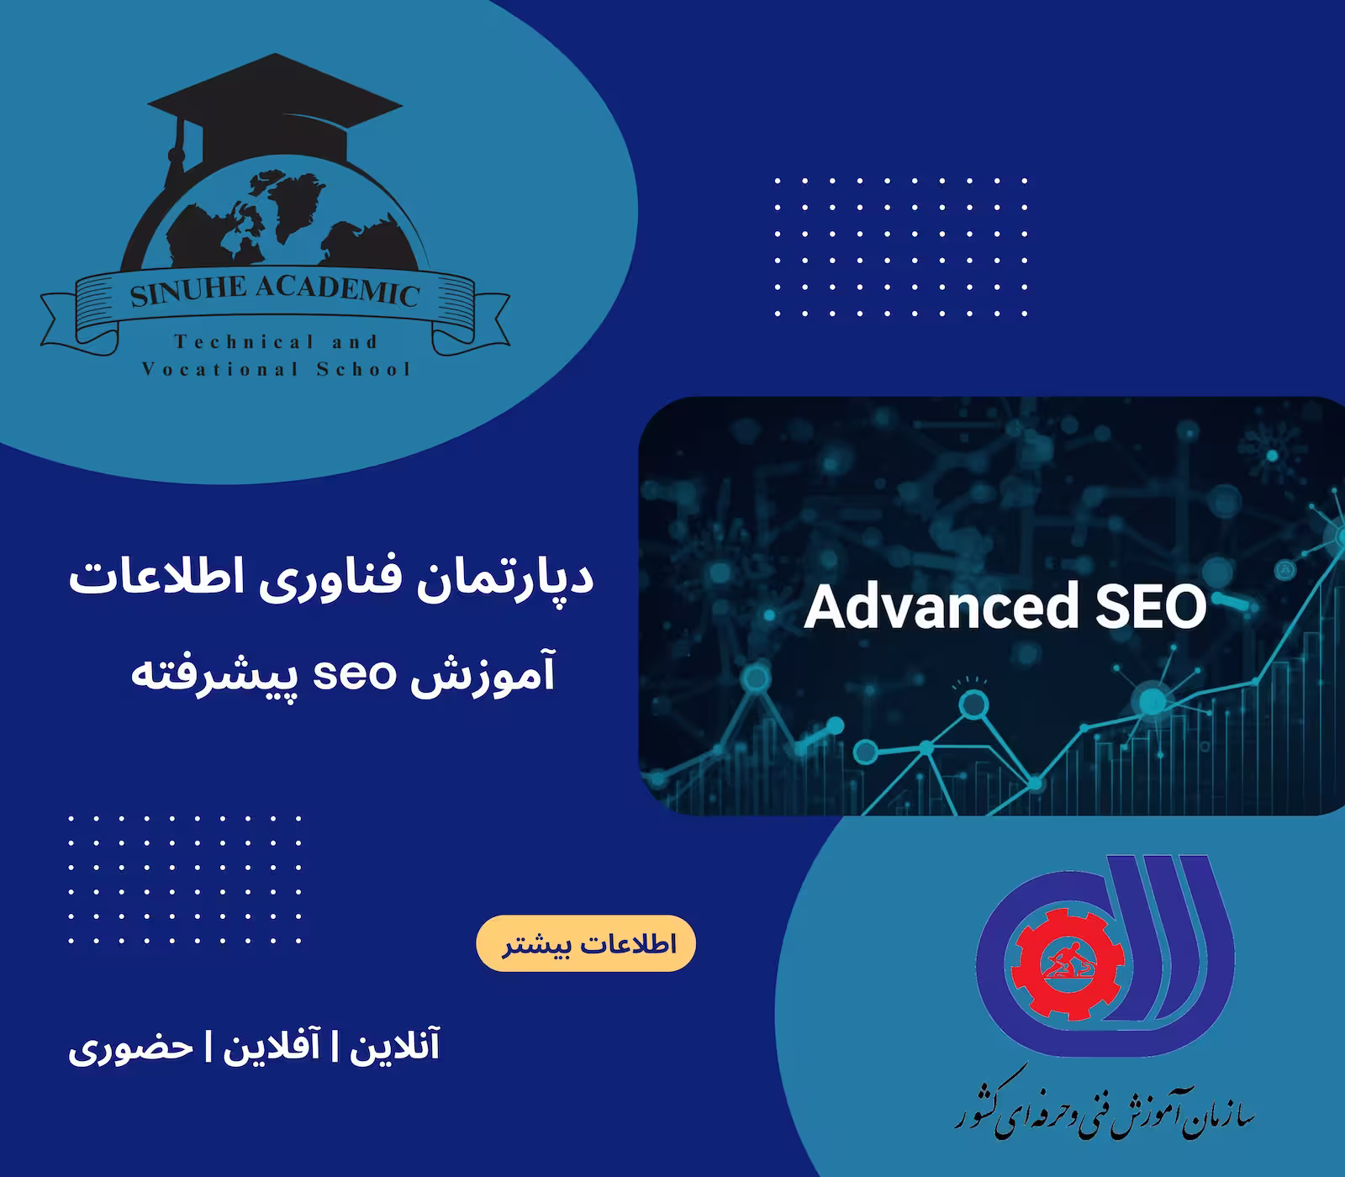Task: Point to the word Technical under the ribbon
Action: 230,342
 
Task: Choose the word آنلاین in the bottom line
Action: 394,1048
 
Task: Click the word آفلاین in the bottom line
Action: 271,1048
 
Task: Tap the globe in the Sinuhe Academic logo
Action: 277,219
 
